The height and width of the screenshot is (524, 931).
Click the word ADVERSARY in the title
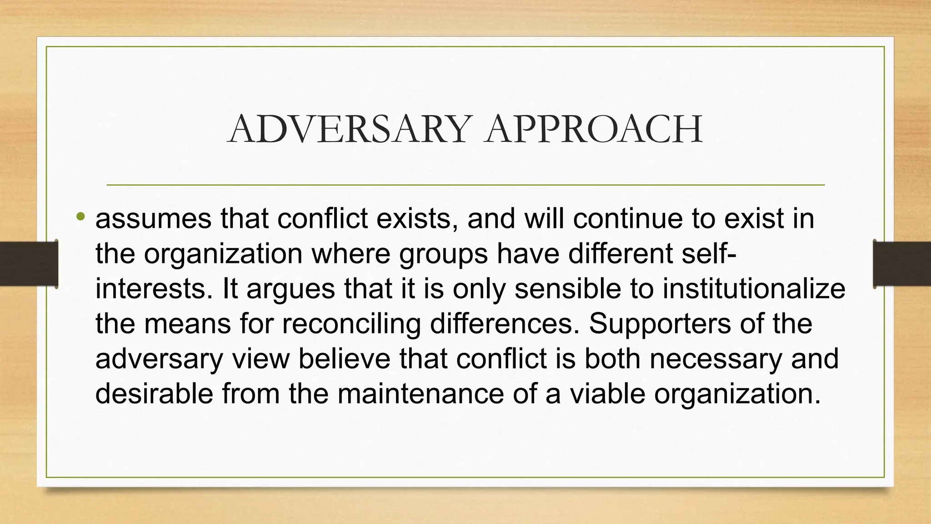348,129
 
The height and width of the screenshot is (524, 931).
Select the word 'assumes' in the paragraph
153,219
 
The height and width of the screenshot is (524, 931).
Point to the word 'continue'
628,219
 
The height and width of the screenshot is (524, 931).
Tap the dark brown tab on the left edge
29,264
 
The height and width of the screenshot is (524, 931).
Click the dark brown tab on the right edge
902,264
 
